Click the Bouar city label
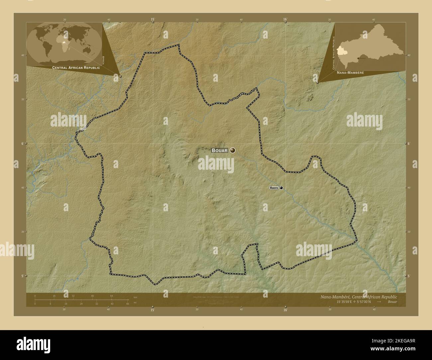point(220,150)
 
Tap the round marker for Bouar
point(233,150)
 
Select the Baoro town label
point(274,188)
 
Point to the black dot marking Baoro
point(281,188)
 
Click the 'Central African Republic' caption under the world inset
point(76,67)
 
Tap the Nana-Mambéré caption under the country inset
point(350,72)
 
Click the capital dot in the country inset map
point(358,58)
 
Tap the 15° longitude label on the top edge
point(153,19)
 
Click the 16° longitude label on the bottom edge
point(285,310)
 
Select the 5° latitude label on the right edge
point(409,276)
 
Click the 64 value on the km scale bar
point(112,296)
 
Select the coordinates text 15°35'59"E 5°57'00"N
point(355,302)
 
